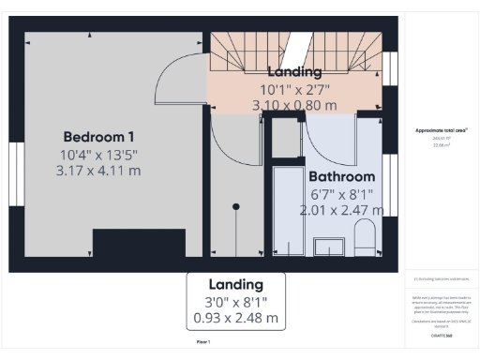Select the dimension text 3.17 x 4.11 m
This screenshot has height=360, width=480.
(98, 170)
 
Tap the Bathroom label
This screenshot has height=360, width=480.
(341, 176)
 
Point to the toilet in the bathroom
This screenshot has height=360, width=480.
(365, 238)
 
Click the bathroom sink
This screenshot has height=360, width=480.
(328, 247)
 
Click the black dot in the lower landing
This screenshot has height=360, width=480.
(236, 206)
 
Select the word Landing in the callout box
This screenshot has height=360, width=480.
(235, 284)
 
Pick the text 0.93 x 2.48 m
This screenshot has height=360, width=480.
(235, 318)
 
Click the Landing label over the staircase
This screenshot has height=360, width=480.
(294, 72)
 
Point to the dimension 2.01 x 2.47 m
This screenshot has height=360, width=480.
(341, 210)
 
